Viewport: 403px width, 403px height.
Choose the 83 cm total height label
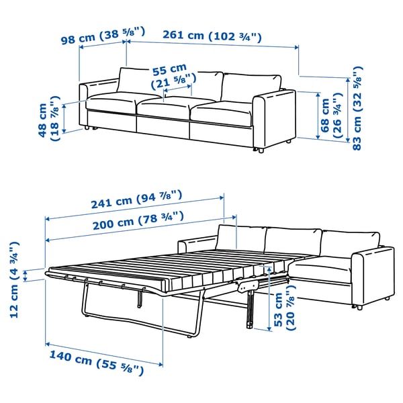pyautogui.click(x=356, y=107)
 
